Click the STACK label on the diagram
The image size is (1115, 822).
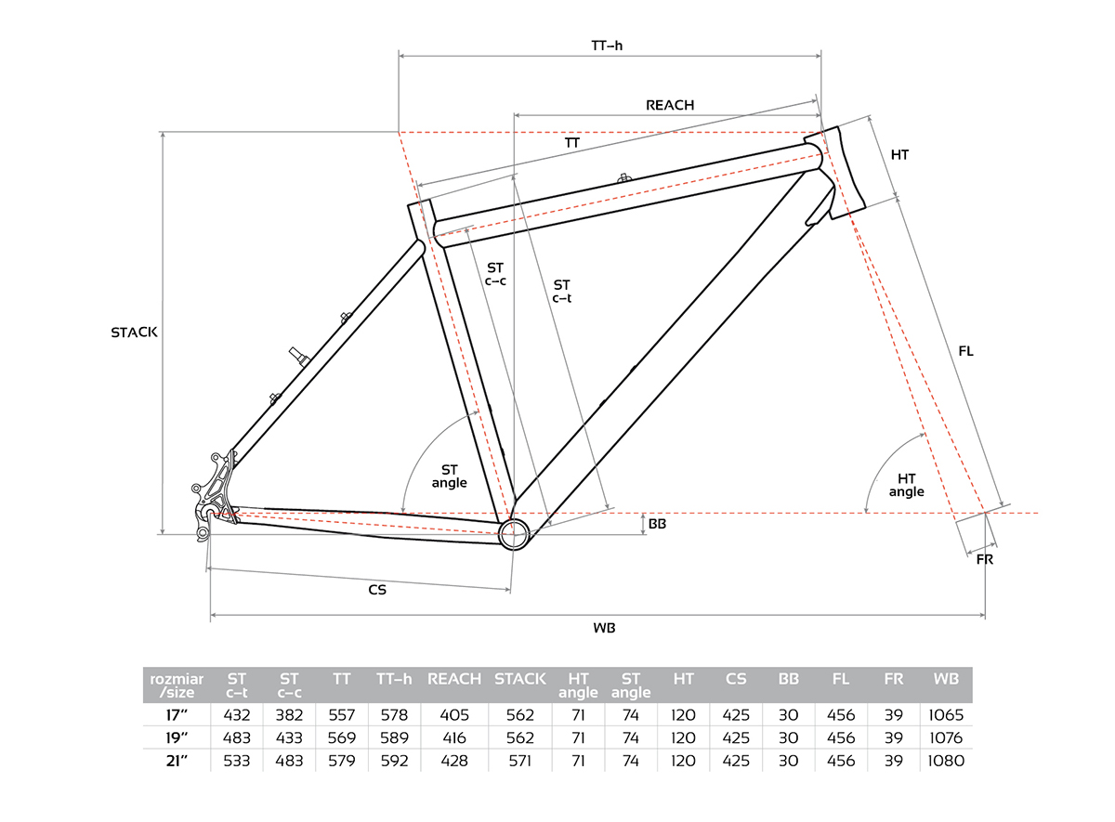(134, 332)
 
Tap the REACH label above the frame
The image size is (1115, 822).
(670, 105)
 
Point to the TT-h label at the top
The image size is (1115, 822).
(607, 46)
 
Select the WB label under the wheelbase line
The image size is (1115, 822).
(604, 628)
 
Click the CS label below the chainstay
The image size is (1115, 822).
(377, 590)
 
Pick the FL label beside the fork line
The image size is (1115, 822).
(965, 351)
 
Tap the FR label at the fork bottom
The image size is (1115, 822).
(985, 560)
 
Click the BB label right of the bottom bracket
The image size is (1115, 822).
(657, 524)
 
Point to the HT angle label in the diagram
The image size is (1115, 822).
(907, 485)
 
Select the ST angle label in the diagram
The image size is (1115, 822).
(449, 476)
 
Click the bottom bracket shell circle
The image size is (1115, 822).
(514, 533)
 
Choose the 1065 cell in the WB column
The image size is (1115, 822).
(946, 715)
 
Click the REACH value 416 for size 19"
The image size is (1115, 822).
(454, 737)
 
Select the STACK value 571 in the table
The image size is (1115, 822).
(520, 761)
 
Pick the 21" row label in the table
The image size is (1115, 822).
(177, 761)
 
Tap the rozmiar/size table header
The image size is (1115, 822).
(177, 685)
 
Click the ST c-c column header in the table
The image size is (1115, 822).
(289, 685)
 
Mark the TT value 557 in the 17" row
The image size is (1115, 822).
(342, 715)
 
